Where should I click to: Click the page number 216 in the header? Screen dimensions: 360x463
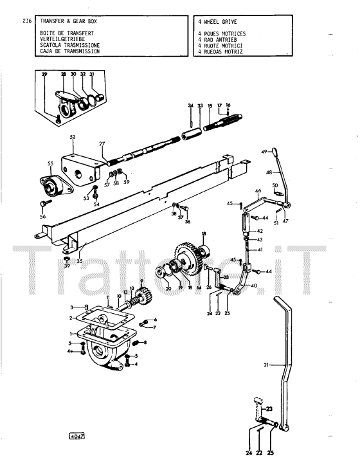pos(27,21)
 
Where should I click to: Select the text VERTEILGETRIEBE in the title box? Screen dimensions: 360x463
pos(62,39)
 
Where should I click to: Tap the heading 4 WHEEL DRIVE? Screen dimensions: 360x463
pos(217,22)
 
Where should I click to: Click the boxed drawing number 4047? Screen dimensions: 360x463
pos(76,436)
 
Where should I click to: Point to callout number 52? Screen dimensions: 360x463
pos(73,137)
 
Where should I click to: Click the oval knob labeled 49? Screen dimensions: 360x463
pos(274,152)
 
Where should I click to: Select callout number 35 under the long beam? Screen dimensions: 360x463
pos(80,260)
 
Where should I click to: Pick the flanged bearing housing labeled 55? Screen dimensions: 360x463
pos(56,186)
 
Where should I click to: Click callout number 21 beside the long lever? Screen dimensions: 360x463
pos(266,365)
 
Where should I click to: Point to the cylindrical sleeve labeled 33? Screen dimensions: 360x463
pos(192,134)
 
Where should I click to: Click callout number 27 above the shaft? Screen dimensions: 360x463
pos(102,144)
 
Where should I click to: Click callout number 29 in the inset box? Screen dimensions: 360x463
pos(44,74)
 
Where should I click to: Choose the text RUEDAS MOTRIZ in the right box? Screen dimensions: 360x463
pos(223,51)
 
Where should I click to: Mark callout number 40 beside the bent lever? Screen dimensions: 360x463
pos(253,286)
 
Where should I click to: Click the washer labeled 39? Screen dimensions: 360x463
pos(67,259)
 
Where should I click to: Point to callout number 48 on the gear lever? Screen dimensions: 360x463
pos(269,172)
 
